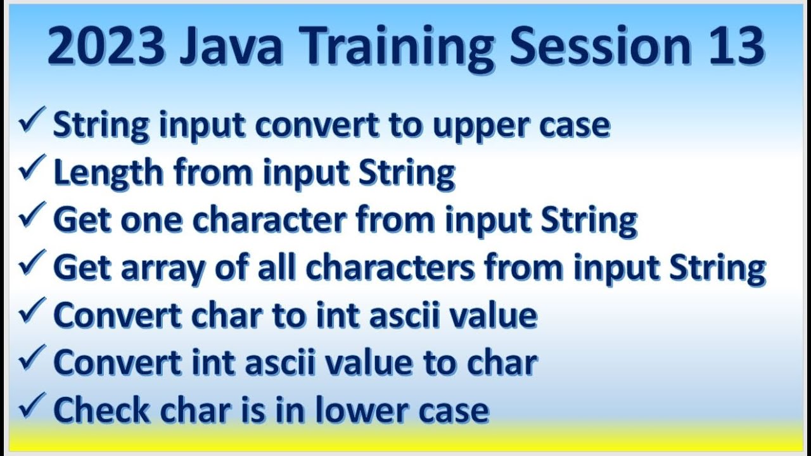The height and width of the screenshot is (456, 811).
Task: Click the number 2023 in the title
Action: [105, 48]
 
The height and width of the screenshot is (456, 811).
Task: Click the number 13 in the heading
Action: [732, 48]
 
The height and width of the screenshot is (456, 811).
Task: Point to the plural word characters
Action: [390, 267]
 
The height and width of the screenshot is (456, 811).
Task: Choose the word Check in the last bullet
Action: [101, 410]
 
